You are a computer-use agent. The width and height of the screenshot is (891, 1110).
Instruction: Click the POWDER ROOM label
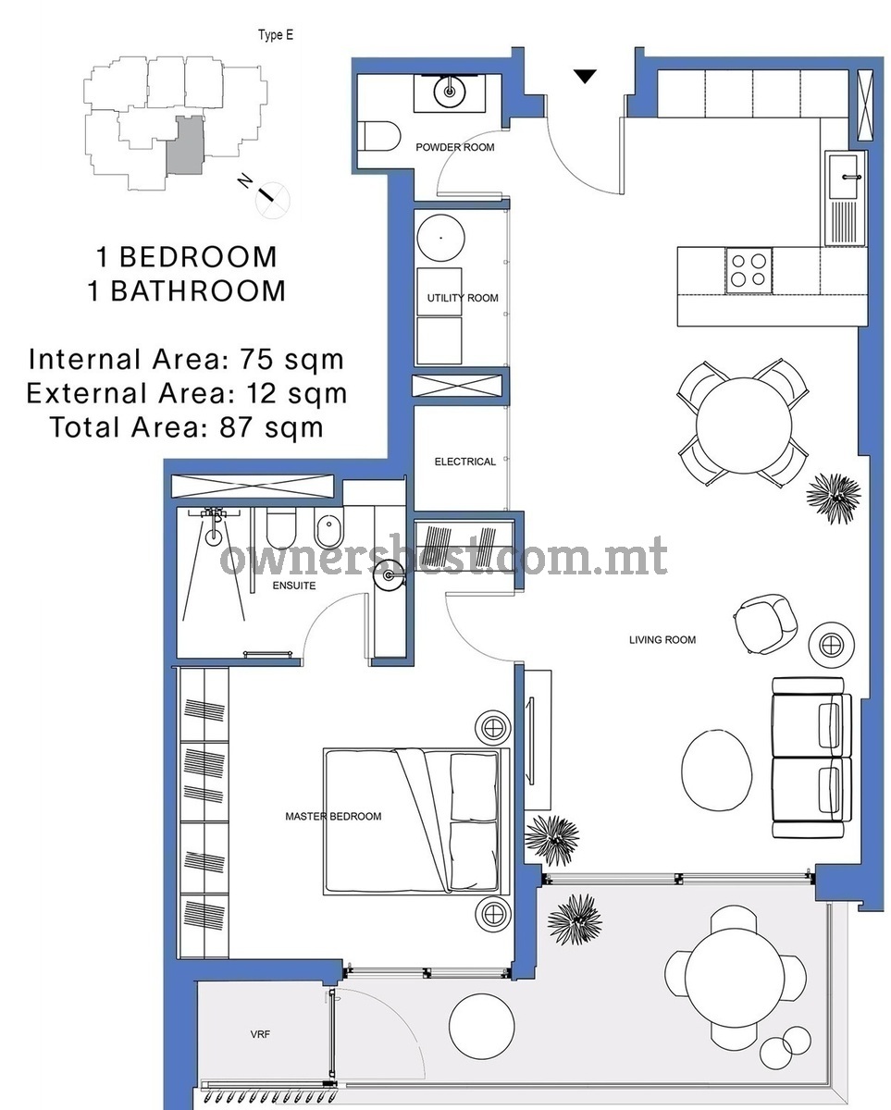454,147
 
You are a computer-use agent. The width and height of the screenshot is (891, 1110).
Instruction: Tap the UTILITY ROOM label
463,298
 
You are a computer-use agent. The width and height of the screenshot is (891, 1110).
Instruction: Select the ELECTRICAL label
464,462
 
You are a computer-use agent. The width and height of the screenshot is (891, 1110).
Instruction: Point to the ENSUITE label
294,586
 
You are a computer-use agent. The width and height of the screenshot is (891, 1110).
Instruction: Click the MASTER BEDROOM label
333,817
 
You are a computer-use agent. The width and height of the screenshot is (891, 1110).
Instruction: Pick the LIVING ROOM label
662,640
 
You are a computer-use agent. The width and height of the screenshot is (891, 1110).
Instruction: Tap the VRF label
260,1034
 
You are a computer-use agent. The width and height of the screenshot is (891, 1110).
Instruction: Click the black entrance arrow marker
585,77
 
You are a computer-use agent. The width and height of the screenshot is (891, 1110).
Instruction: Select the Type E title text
276,35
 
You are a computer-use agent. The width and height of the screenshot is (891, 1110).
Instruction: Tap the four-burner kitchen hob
749,270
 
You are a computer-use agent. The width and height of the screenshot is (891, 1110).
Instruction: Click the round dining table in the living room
744,425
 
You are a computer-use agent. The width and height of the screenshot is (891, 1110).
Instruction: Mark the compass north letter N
245,181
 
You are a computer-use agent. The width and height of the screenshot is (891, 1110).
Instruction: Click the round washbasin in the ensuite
389,574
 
